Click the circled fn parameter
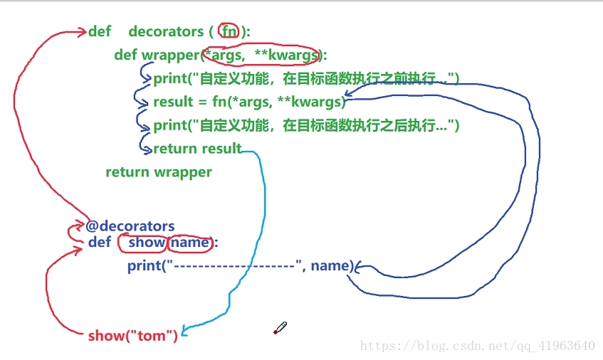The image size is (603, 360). click(x=229, y=31)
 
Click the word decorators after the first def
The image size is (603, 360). click(x=166, y=31)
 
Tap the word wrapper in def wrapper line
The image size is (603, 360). click(x=171, y=55)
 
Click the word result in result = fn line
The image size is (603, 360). click(x=173, y=102)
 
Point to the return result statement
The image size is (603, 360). click(x=197, y=149)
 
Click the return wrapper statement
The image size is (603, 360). click(x=159, y=171)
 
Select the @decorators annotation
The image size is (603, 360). click(x=130, y=226)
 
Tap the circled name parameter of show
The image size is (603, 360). click(x=190, y=243)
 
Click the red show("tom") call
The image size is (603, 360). click(x=132, y=335)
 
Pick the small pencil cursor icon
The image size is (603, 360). click(x=280, y=328)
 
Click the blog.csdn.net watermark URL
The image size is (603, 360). click(x=477, y=346)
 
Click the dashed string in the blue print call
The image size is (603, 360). click(x=235, y=266)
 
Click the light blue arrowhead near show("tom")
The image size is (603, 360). click(x=184, y=331)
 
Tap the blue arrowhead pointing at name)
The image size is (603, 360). click(x=358, y=268)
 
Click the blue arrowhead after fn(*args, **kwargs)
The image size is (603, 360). click(x=348, y=95)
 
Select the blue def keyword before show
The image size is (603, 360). click(x=100, y=243)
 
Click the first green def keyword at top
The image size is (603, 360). click(x=100, y=31)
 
